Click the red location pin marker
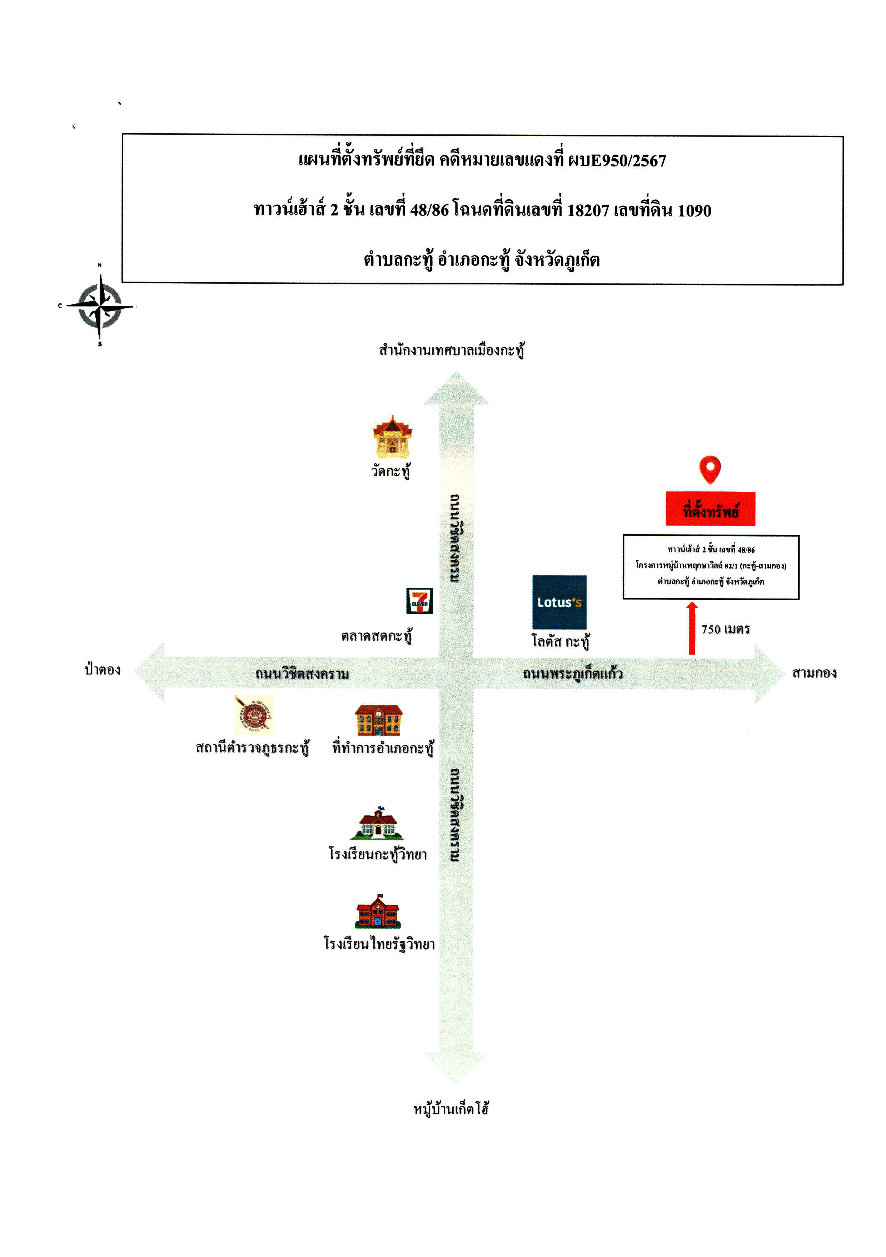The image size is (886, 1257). (710, 469)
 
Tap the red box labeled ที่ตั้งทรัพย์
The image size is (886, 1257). (710, 508)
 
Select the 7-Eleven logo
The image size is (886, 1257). (419, 601)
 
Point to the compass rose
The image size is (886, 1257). (100, 305)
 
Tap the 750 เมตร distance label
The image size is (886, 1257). (725, 629)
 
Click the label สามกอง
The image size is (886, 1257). (814, 673)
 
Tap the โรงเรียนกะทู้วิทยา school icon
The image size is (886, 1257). (378, 823)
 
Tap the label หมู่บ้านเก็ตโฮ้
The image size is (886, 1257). (451, 1109)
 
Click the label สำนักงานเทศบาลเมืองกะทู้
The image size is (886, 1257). (452, 350)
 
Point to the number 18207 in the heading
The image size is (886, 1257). (588, 210)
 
